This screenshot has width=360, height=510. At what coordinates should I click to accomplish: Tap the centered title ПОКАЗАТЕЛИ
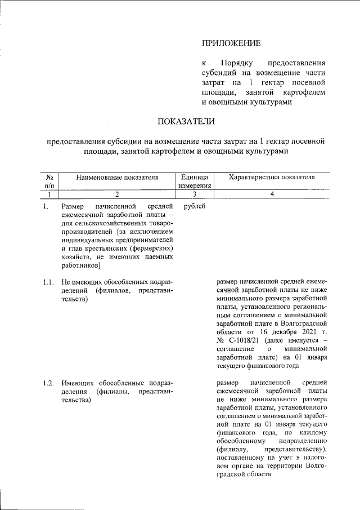point(186,121)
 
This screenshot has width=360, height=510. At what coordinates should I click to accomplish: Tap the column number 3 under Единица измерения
point(194,194)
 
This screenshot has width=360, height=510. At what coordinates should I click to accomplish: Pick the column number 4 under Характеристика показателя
point(272,194)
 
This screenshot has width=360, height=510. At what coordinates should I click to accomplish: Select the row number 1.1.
point(48,281)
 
